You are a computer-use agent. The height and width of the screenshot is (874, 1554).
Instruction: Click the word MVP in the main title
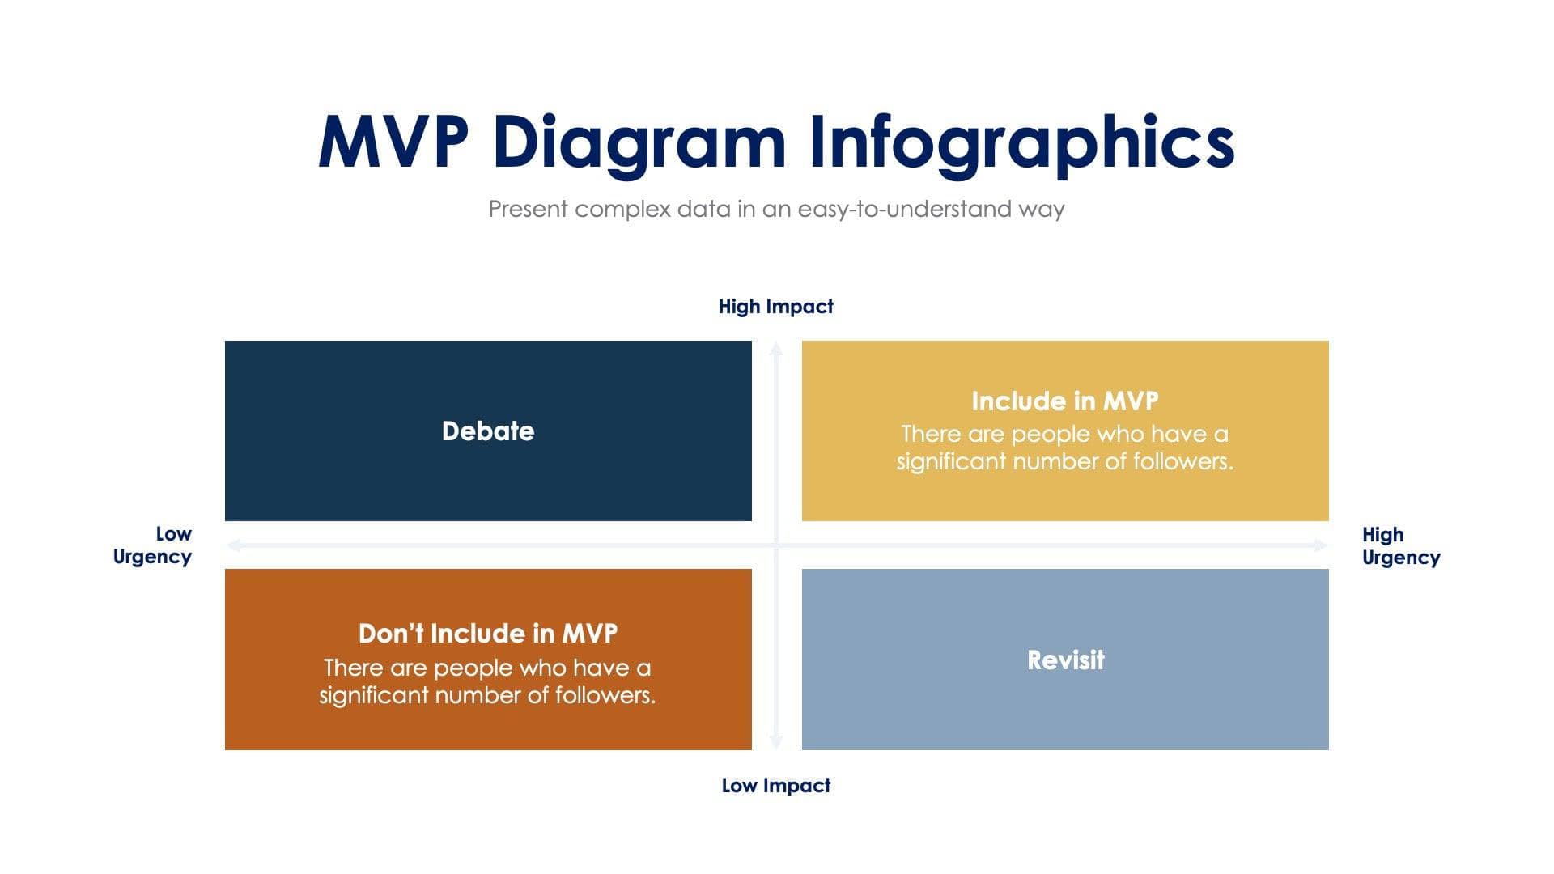(x=393, y=142)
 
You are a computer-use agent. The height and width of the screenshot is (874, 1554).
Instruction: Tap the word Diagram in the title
(x=639, y=142)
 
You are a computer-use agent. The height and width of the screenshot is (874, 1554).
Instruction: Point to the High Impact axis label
(x=775, y=307)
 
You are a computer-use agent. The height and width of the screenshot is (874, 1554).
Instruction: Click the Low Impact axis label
(x=775, y=786)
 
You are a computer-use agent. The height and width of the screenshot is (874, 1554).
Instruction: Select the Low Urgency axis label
(x=153, y=545)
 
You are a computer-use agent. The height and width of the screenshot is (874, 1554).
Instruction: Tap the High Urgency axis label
(x=1400, y=546)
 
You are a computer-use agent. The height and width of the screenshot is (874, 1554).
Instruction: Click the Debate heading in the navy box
(x=488, y=431)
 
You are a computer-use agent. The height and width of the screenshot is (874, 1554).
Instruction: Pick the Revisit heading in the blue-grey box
(x=1065, y=660)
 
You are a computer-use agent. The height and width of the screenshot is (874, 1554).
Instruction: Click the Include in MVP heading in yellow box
(x=1064, y=401)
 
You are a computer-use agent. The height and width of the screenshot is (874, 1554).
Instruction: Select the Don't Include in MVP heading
(x=488, y=633)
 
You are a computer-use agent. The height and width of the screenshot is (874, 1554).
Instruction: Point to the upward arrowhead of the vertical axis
(x=775, y=349)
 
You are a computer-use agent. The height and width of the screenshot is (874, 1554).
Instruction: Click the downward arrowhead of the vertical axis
(x=775, y=742)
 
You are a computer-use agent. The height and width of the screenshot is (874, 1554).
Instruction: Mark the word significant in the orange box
(x=373, y=695)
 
